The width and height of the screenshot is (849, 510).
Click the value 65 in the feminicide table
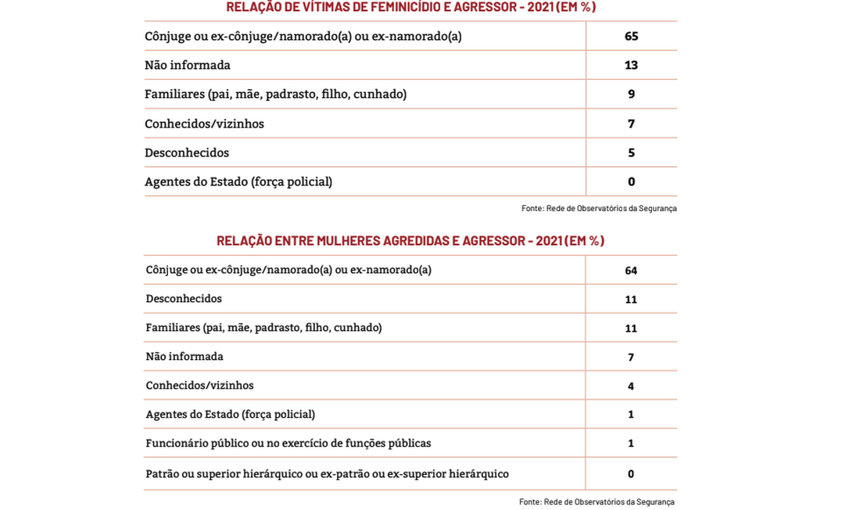pos(631,36)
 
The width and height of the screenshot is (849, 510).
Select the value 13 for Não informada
pos(631,65)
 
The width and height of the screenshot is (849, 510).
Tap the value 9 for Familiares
pos(631,94)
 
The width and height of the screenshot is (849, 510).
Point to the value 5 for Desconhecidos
pos(631,153)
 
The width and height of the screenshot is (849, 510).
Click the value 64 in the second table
pos(631,271)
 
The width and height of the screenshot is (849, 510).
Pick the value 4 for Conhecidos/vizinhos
pos(631,386)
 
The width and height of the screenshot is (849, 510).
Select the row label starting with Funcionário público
pos(288,444)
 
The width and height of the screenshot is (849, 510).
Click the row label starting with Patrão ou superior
pos(327,474)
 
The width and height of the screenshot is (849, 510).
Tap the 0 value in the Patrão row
pos(631,474)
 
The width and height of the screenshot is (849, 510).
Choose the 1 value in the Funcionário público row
pos(631,444)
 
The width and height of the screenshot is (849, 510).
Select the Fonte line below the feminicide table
pos(599,208)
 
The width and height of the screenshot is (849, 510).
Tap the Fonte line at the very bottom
pos(596,501)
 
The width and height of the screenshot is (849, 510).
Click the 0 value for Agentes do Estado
pos(631,181)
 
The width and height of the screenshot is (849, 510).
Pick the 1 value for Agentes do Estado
pos(631,415)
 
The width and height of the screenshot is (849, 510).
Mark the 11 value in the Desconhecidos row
pos(631,300)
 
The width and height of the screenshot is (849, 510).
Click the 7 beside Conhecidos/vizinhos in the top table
pos(631,124)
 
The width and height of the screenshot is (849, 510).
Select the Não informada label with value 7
pos(184,357)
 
